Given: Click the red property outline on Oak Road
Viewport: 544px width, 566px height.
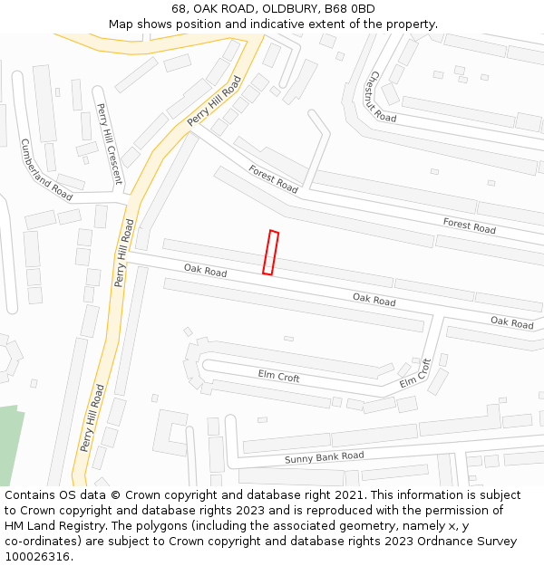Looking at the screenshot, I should [270, 252].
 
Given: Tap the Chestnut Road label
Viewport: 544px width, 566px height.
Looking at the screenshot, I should [383, 97].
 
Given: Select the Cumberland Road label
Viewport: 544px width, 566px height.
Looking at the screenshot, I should [45, 169].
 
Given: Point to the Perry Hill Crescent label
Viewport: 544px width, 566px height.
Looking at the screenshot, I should [109, 143].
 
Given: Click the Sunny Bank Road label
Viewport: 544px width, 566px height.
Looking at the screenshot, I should [324, 457].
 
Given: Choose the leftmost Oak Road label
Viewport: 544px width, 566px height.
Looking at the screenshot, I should [205, 270].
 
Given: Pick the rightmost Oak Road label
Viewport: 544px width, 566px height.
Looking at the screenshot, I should [511, 322].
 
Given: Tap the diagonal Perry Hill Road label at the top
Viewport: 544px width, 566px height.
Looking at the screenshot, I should [214, 102].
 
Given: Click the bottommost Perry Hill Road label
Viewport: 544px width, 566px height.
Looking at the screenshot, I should [92, 417].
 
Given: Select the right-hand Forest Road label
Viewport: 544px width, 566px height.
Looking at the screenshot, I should [469, 225].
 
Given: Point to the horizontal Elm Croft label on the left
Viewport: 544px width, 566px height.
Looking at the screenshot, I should [278, 377].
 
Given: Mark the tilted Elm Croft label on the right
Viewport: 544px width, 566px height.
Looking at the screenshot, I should [415, 373].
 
